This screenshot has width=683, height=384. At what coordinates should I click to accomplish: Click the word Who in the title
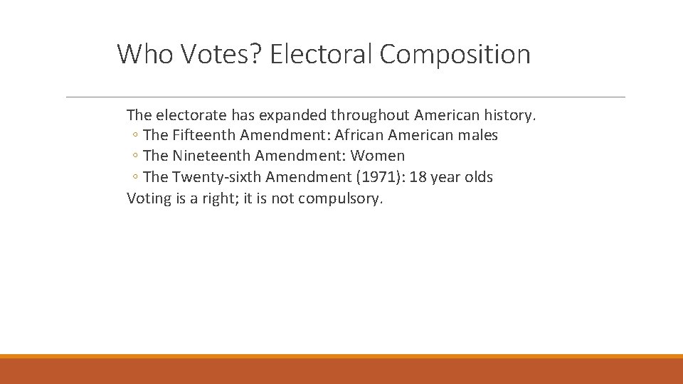tap(145, 54)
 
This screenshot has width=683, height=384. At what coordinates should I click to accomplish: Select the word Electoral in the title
tap(322, 54)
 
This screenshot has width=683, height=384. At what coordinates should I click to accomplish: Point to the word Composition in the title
tap(455, 54)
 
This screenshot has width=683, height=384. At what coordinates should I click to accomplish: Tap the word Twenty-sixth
tap(217, 177)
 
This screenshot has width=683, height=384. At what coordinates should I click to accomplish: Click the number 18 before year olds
tap(420, 177)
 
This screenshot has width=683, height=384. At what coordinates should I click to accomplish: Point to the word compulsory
tap(340, 198)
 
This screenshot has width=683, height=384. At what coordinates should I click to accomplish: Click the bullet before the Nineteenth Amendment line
tap(135, 156)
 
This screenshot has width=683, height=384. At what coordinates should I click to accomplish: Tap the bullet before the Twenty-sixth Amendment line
tap(135, 178)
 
